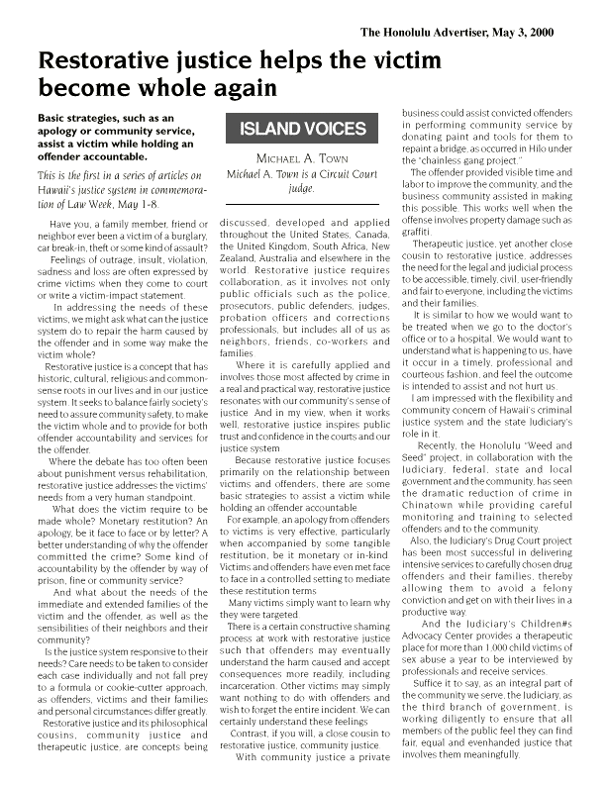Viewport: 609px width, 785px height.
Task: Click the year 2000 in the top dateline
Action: point(538,32)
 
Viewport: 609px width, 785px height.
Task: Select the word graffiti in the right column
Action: point(415,231)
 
